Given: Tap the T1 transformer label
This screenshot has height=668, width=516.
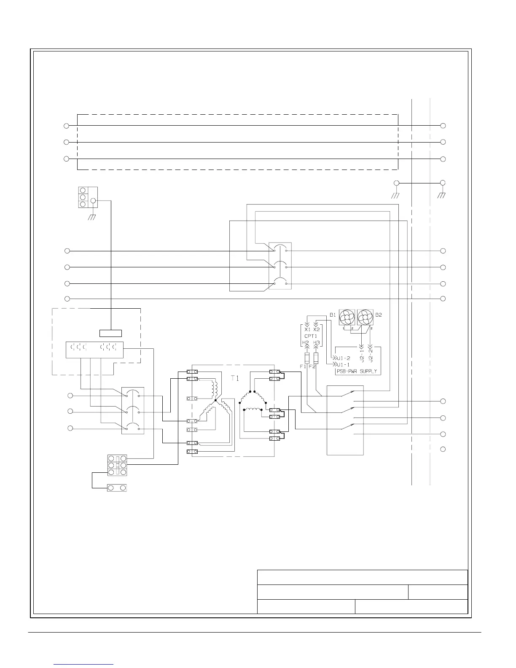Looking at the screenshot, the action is (235, 379).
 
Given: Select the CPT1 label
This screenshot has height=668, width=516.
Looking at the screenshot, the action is (311, 336).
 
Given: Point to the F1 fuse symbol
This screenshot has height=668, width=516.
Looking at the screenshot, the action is (306, 358).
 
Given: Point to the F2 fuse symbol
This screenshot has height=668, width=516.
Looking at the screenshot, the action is (316, 358).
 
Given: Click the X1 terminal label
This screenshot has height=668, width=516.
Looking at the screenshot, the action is (307, 329).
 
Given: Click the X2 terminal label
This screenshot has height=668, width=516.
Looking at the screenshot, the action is (317, 329).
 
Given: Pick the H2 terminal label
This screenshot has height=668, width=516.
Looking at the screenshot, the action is (306, 342).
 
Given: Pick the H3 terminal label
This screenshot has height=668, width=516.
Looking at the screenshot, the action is (317, 342).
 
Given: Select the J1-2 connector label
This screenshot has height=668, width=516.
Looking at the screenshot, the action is (344, 358).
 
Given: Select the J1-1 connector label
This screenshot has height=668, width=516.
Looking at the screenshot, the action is (344, 364).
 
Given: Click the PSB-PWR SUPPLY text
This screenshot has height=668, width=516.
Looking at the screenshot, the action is (357, 372).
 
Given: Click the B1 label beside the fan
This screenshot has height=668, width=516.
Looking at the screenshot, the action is (333, 315).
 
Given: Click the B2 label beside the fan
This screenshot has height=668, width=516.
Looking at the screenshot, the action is (379, 315).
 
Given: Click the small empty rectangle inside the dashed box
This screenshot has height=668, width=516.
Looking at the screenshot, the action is (110, 333).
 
